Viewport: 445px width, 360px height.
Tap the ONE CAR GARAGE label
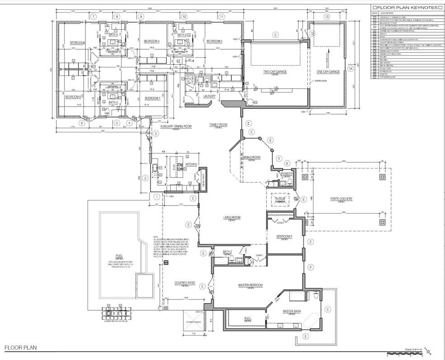click(x=328, y=72)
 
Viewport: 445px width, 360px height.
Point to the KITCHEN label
click(x=191, y=165)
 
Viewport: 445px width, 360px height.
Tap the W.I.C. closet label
click(x=247, y=318)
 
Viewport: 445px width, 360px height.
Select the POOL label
click(x=119, y=255)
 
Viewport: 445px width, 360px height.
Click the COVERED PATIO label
click(x=185, y=284)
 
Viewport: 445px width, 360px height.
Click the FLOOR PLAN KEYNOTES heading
click(x=405, y=7)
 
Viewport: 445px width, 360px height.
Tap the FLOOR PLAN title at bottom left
click(x=20, y=348)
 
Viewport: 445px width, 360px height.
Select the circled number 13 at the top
click(x=326, y=17)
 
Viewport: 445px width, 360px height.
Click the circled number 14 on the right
click(x=350, y=69)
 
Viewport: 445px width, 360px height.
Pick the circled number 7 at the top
click(x=94, y=17)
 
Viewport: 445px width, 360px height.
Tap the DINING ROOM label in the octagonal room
click(x=252, y=158)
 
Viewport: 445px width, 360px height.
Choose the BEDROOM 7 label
click(x=152, y=98)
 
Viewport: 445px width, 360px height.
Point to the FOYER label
click(x=280, y=198)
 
